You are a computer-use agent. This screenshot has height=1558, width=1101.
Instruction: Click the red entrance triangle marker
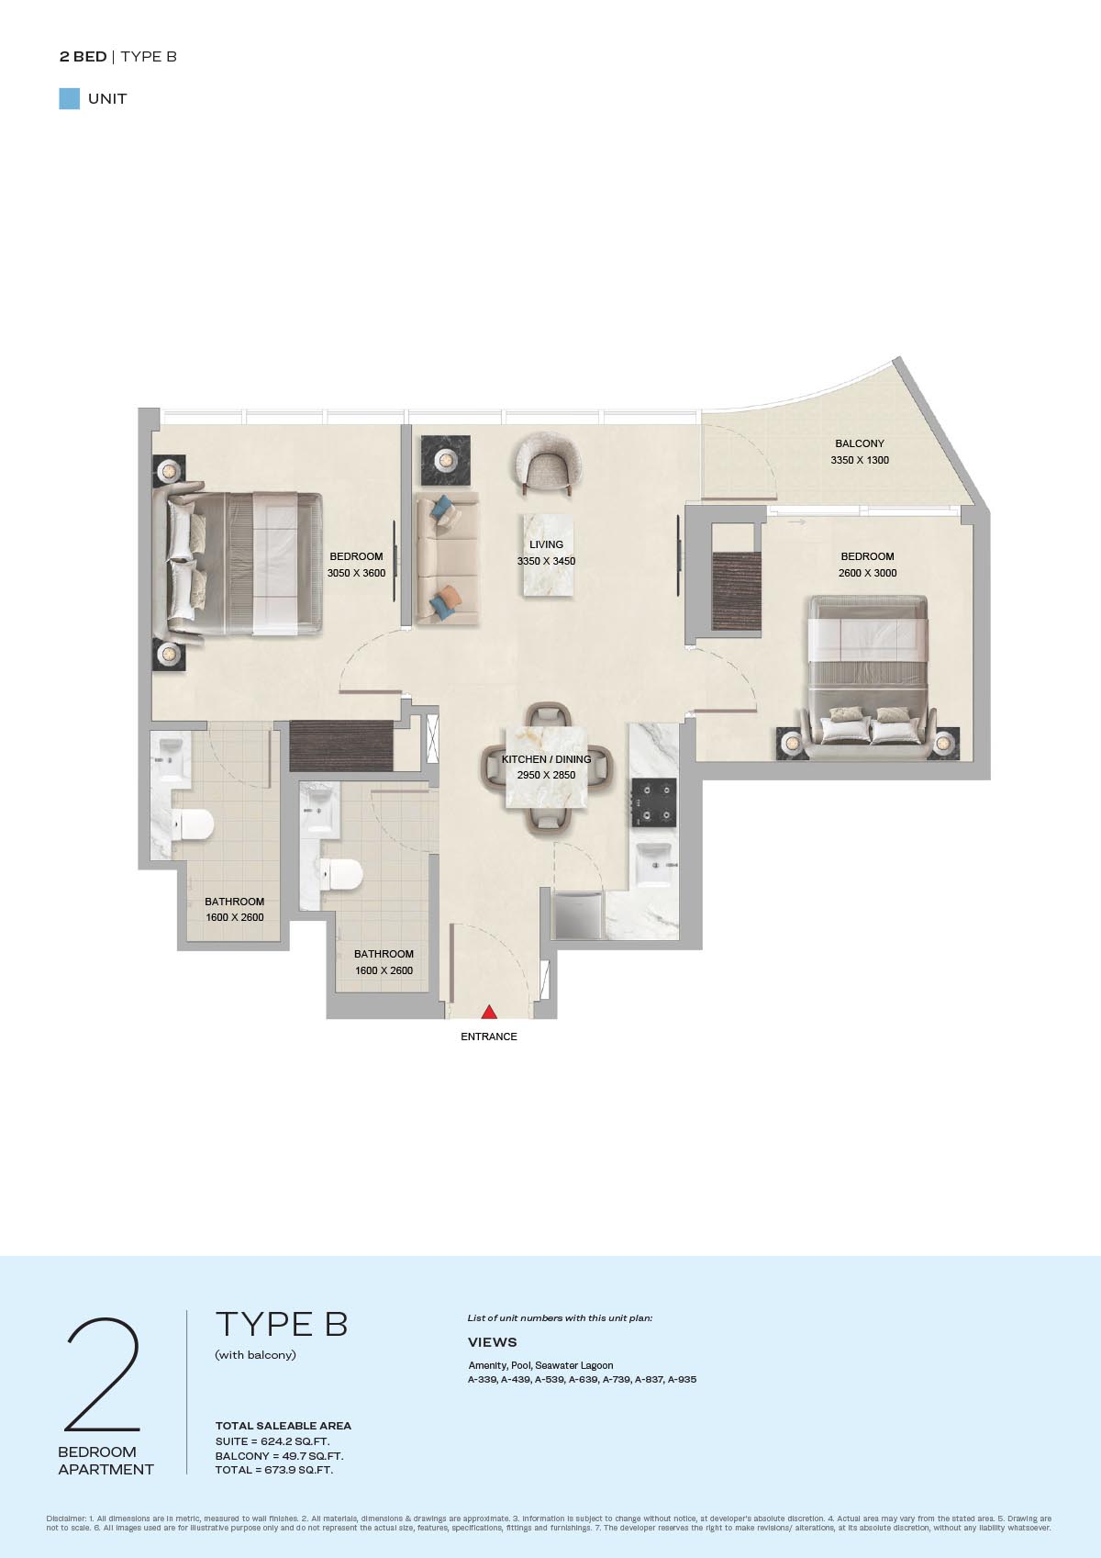click(x=489, y=1012)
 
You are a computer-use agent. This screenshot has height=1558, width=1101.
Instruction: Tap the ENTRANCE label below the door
click(x=489, y=1037)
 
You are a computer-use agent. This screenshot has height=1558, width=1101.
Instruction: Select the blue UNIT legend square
click(x=70, y=99)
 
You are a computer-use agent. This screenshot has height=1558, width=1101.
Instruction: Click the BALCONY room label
click(x=860, y=443)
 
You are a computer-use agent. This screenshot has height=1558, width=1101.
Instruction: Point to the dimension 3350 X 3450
click(x=546, y=561)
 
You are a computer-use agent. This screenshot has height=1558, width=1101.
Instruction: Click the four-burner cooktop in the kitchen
click(x=654, y=802)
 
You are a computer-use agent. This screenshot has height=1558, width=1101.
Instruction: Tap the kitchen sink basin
click(x=654, y=864)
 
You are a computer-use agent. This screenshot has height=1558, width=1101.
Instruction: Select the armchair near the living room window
click(x=547, y=465)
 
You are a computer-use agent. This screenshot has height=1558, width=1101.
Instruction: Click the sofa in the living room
click(x=447, y=558)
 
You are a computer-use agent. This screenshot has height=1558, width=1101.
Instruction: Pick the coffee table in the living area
click(x=549, y=555)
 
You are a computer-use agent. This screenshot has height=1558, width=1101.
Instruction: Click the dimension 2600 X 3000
click(x=867, y=573)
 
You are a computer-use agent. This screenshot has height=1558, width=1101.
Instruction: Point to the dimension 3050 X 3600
click(x=357, y=573)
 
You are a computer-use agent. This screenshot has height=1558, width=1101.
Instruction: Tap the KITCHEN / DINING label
click(x=546, y=759)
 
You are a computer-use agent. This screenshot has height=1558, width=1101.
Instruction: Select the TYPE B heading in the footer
click(x=282, y=1324)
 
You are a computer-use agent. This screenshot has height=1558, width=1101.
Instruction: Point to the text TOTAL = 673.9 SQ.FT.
click(x=273, y=1470)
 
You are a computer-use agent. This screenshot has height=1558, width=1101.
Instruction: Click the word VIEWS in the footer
click(x=492, y=1342)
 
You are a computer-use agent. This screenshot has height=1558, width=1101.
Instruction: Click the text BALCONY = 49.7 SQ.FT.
click(x=280, y=1456)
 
